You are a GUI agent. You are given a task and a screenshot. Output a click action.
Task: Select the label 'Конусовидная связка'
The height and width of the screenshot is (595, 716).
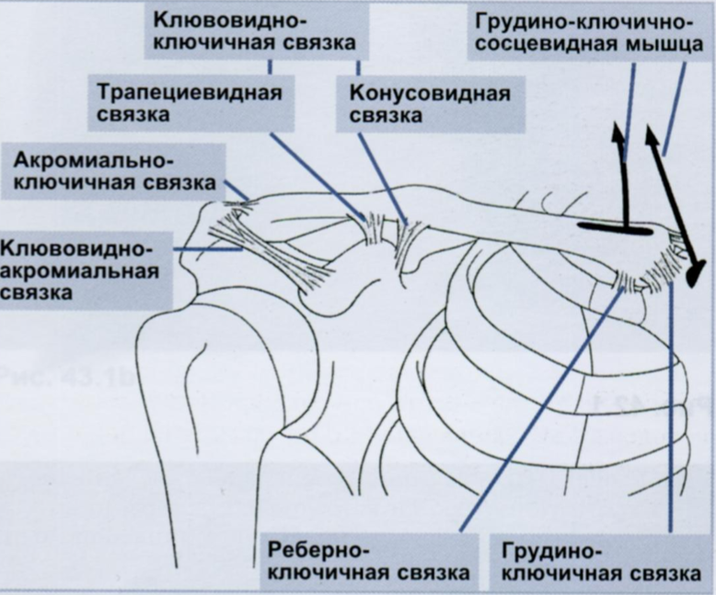[x=430, y=104]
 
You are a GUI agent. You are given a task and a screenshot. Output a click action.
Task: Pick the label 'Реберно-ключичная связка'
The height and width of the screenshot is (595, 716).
[x=368, y=561]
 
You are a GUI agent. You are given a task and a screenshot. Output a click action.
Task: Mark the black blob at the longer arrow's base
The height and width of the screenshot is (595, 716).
[x=697, y=271]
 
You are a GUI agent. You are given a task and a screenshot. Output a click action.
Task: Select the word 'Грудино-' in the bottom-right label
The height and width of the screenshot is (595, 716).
[x=552, y=550]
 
